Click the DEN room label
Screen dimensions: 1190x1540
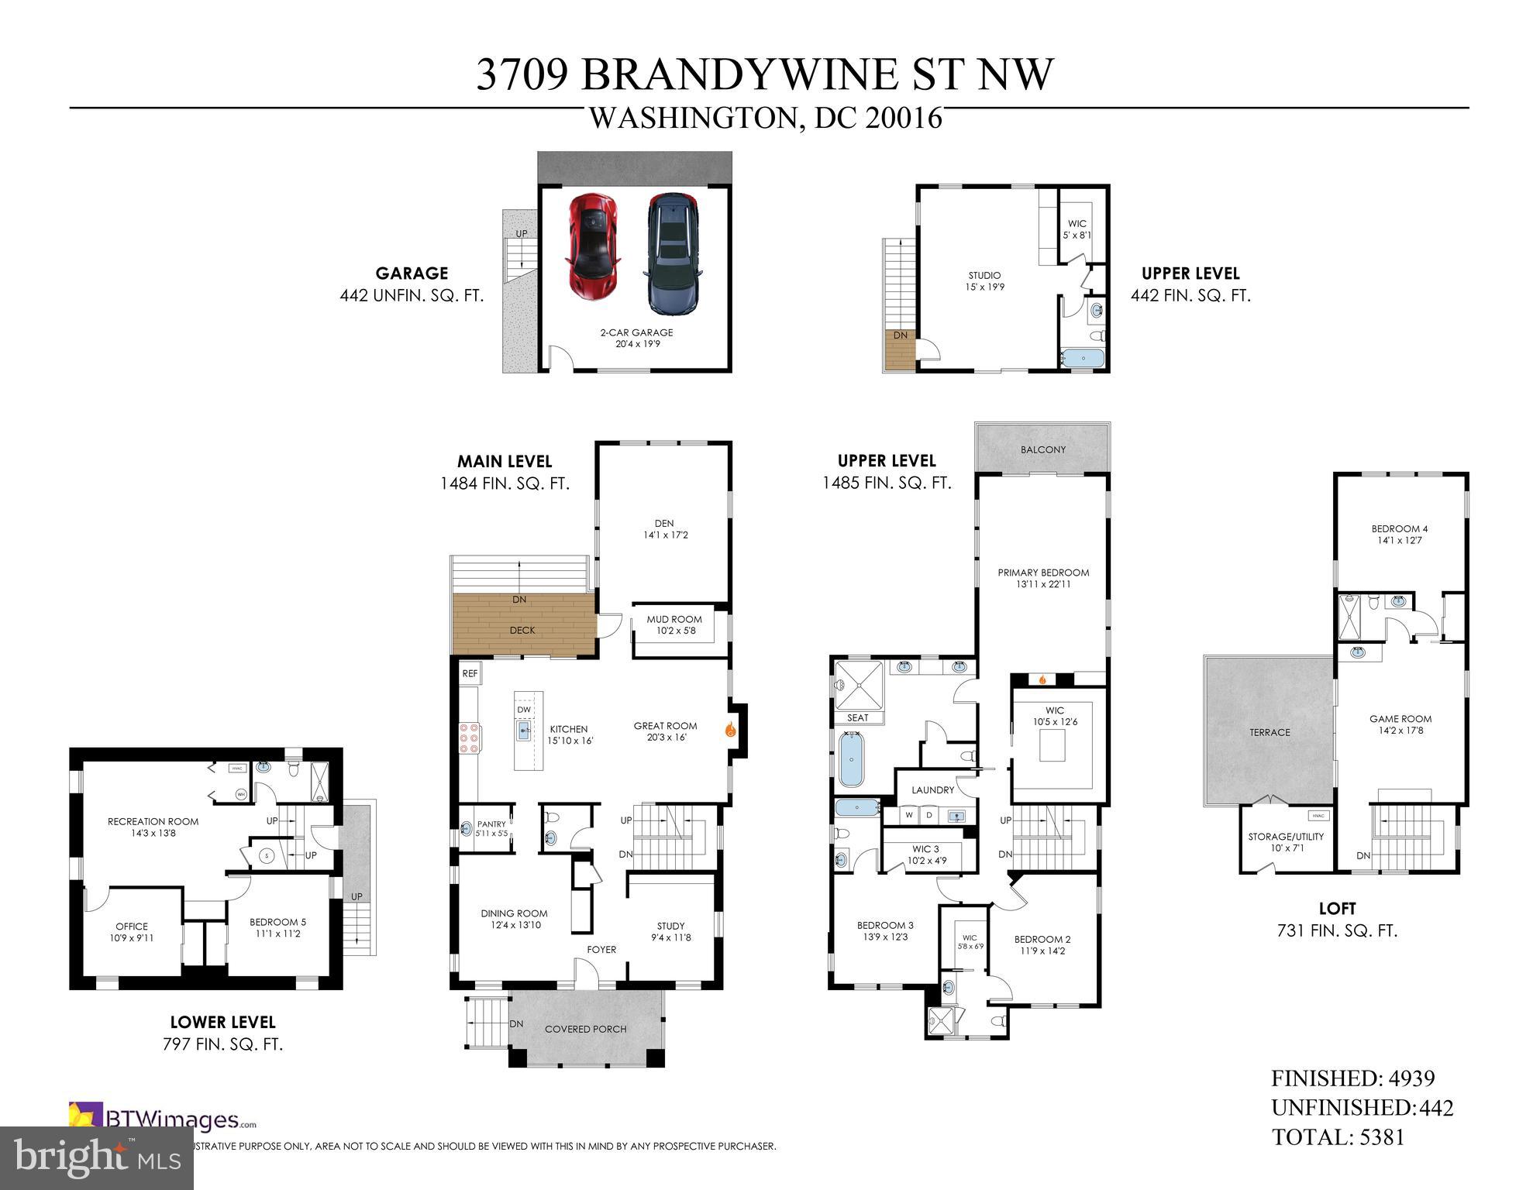click(664, 524)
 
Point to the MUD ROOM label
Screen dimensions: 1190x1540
click(674, 620)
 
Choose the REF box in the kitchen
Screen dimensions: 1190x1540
click(470, 674)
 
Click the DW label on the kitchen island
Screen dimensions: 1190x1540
click(524, 710)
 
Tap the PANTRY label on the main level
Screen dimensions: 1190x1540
click(491, 824)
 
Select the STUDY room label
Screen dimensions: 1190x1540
click(670, 926)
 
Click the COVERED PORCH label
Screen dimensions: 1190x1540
click(585, 1029)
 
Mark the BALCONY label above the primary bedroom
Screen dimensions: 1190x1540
click(1043, 449)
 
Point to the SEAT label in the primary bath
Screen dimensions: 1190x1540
click(858, 718)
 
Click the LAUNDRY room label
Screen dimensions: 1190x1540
click(932, 790)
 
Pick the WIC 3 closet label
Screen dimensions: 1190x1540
click(925, 849)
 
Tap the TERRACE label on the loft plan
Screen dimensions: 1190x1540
click(1270, 732)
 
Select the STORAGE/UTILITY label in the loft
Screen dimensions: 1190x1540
click(1286, 837)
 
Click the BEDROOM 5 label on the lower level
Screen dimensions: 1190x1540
click(277, 922)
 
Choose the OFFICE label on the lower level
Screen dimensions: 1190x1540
click(132, 927)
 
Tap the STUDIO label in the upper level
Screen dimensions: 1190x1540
click(984, 275)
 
